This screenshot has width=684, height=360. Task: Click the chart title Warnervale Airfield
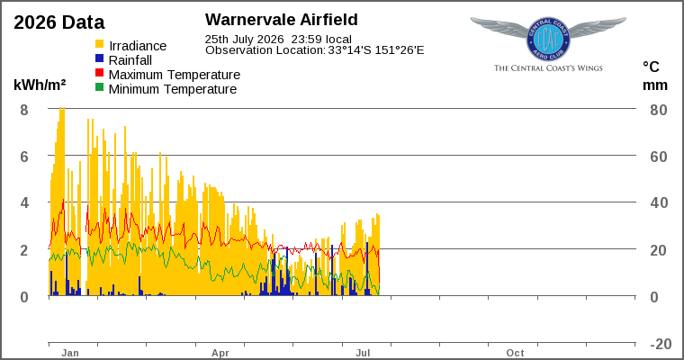pyautogui.click(x=282, y=20)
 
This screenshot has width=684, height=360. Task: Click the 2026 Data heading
pyautogui.click(x=59, y=22)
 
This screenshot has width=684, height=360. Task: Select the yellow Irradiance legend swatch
pyautogui.click(x=100, y=44)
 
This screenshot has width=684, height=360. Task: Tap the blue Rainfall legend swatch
pyautogui.click(x=100, y=58)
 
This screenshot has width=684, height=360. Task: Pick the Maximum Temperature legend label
pyautogui.click(x=175, y=75)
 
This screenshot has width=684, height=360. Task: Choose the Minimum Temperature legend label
pyautogui.click(x=173, y=89)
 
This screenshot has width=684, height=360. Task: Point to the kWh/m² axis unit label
pyautogui.click(x=40, y=85)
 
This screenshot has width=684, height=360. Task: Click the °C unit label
pyautogui.click(x=651, y=67)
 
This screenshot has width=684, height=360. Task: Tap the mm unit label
pyautogui.click(x=655, y=85)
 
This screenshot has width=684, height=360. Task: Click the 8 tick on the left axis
pyautogui.click(x=24, y=110)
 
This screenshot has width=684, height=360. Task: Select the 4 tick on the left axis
pyautogui.click(x=24, y=202)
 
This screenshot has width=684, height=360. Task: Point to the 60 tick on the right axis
pyautogui.click(x=659, y=157)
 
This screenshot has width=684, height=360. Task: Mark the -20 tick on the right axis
pyautogui.click(x=661, y=344)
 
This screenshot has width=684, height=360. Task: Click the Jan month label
pyautogui.click(x=70, y=353)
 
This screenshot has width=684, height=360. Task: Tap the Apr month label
pyautogui.click(x=220, y=353)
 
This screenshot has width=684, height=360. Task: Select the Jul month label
pyautogui.click(x=363, y=353)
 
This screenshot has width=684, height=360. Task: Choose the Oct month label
pyautogui.click(x=515, y=353)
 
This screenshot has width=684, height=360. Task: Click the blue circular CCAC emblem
pyautogui.click(x=548, y=40)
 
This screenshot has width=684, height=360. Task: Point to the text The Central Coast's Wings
pyautogui.click(x=548, y=68)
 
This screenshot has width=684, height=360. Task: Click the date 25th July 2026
pyautogui.click(x=244, y=40)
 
